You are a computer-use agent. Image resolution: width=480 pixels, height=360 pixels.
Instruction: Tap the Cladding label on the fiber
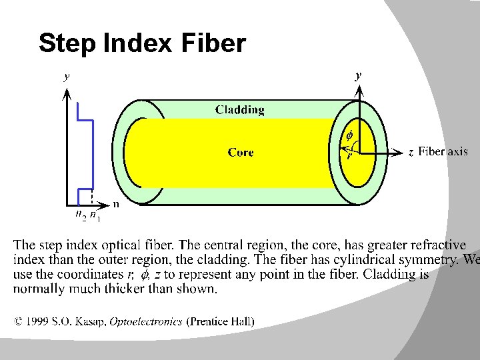[239, 110]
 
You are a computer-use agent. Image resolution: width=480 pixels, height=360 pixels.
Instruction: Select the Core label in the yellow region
[240, 153]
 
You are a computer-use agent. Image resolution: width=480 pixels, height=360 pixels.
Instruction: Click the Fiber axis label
[443, 152]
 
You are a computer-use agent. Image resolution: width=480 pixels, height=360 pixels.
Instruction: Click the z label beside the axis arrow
[411, 153]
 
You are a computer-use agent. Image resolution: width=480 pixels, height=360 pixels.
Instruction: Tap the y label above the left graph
[66, 76]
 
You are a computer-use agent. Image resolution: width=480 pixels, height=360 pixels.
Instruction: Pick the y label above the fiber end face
[358, 76]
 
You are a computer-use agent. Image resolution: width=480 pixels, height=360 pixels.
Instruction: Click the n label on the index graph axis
[116, 204]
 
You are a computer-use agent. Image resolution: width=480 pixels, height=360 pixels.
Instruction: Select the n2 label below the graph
[80, 215]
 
